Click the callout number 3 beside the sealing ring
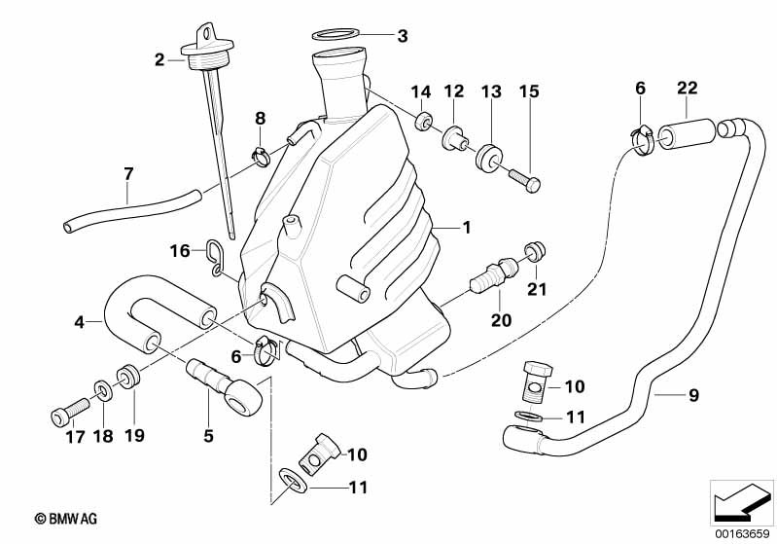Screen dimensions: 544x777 pos(402,37)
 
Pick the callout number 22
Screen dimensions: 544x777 pos(688,89)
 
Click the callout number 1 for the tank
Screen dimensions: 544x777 pos(466,229)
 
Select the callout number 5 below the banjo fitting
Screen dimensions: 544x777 pos(208,436)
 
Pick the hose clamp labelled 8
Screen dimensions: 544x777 pos(262,152)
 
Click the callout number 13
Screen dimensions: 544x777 pos(491,92)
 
